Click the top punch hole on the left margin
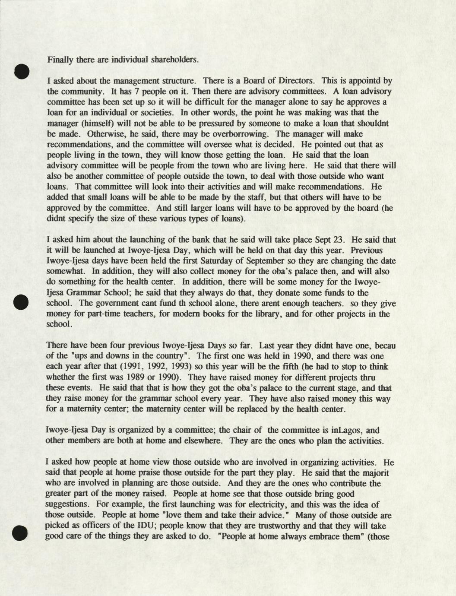tap(21, 71)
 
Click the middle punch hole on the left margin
tap(21, 302)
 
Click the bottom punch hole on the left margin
tap(20, 533)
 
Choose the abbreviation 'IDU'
tap(173, 526)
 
